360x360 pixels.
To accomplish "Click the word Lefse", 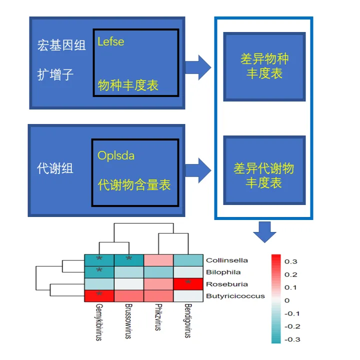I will tap(111, 41).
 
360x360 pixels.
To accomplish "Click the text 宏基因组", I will tap(61, 45).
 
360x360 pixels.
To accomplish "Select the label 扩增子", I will tap(55, 75).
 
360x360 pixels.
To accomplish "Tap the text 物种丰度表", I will tap(128, 85).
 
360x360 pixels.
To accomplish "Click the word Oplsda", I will tap(116, 155).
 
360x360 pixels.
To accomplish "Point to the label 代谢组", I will tap(55, 168).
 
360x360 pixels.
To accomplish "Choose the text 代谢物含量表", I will tap(134, 185).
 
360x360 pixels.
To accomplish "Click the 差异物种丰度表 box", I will tap(264, 66).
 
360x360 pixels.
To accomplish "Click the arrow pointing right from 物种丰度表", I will tap(198, 67).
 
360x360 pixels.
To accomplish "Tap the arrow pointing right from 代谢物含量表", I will tap(198, 170).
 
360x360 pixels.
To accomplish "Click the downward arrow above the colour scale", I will tap(264, 231).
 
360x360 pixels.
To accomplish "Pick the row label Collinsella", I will tap(227, 260).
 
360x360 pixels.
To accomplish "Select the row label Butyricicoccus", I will tap(235, 296).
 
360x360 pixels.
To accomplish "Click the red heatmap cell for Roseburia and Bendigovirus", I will tap(188, 284).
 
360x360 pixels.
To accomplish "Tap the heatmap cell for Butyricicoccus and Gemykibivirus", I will tap(99, 296).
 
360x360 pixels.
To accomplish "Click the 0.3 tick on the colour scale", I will tap(290, 261).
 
